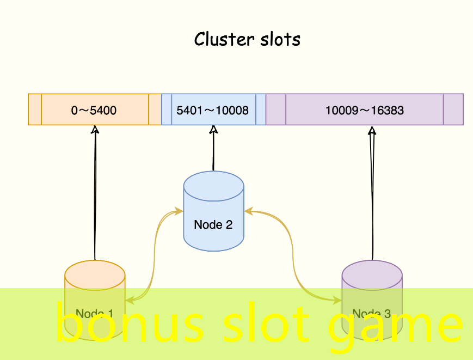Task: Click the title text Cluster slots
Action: pos(247,40)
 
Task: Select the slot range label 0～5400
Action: pos(94,111)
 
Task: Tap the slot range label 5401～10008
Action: pos(213,111)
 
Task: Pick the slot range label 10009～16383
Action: pos(365,111)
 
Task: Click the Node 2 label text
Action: pos(213,224)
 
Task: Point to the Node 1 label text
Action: pos(95,314)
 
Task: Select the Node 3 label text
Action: pos(372,314)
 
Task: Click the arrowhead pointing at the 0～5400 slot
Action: pos(95,130)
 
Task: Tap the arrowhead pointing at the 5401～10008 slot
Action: pos(214,130)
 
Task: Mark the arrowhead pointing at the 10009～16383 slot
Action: pos(372,131)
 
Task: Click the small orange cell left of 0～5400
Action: pos(35,109)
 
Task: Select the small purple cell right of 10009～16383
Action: pos(453,109)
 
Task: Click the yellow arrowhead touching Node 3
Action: pos(338,300)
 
